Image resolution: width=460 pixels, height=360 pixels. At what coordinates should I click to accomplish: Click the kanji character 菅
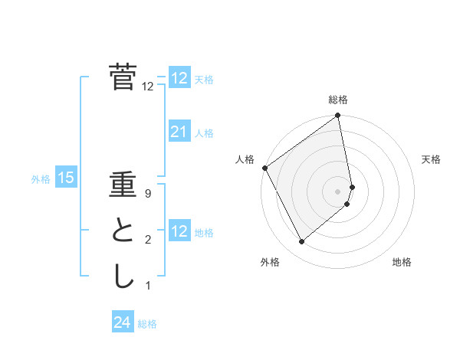[x=123, y=77]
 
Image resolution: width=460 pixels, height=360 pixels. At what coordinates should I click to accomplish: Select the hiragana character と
[x=123, y=231]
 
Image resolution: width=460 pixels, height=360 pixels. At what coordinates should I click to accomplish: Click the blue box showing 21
[x=179, y=133]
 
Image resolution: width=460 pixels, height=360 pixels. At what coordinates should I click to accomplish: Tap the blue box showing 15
[x=66, y=178]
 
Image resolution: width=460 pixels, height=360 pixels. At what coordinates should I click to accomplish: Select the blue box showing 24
[x=123, y=322]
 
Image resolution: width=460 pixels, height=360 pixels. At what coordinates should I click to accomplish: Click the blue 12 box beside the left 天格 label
[x=179, y=78]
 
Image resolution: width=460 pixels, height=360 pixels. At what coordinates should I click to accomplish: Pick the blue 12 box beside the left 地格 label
[x=179, y=231]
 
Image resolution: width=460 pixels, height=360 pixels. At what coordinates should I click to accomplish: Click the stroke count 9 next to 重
[x=147, y=194]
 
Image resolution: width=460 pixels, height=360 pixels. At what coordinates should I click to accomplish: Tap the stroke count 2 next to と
[x=147, y=240]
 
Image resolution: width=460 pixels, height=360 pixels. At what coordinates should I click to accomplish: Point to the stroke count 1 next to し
[x=147, y=286]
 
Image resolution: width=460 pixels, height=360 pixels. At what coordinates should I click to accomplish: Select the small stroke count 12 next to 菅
[x=147, y=87]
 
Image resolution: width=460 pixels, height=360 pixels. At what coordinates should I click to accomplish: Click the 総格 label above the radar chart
[x=338, y=100]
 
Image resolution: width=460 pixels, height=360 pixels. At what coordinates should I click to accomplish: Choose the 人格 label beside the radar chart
[x=245, y=159]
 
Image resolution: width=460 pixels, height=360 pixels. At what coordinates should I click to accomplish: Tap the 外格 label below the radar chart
[x=270, y=262]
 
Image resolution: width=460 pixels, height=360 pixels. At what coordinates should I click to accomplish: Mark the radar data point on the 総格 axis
[x=338, y=116]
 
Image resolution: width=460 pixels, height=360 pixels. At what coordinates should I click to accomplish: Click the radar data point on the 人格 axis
[x=264, y=168]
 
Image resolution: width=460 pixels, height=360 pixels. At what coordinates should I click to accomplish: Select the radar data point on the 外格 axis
[x=302, y=242]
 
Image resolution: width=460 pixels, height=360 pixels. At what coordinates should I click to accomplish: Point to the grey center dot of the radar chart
[x=338, y=191]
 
